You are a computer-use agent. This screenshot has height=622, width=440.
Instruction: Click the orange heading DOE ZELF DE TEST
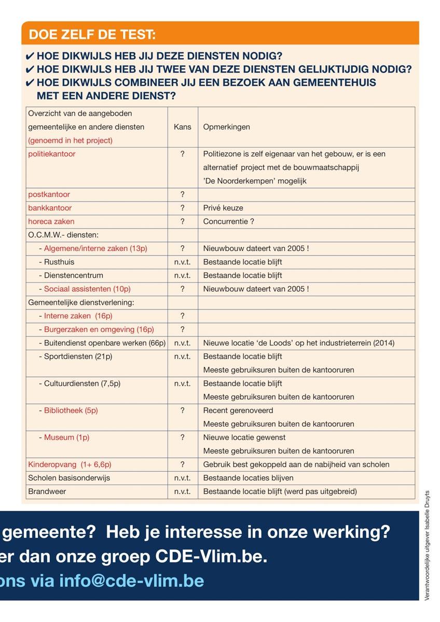[92, 35]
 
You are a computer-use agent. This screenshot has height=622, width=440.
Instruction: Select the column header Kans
[182, 127]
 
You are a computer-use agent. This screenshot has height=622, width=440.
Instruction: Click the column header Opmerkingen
[226, 127]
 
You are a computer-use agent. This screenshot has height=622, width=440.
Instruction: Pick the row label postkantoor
[49, 194]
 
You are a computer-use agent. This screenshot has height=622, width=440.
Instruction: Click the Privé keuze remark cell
[223, 208]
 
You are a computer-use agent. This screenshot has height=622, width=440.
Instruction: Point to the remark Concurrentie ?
[229, 221]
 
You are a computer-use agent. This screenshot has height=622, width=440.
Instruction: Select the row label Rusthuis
[59, 262]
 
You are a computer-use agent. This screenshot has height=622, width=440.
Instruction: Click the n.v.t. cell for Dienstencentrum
[182, 275]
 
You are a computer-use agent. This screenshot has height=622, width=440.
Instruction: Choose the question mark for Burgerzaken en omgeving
[182, 329]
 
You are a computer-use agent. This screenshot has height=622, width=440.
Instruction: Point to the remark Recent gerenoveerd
[238, 411]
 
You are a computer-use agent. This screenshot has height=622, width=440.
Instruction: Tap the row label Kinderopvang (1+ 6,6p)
[70, 464]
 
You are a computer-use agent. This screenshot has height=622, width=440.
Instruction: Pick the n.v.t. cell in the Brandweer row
[182, 491]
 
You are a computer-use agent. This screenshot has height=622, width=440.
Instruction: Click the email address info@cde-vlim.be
[132, 581]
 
